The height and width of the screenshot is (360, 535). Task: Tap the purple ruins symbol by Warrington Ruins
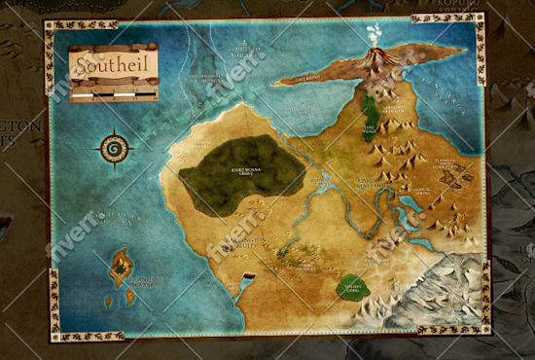click(228, 249)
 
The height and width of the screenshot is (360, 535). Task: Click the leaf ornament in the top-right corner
click(444, 18)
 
